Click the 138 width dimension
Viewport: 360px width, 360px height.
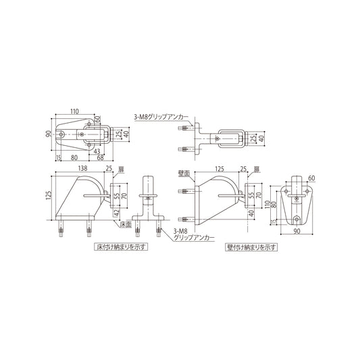(84, 168)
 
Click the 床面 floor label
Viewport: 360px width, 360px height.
(125, 225)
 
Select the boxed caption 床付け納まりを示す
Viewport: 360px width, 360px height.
(121, 247)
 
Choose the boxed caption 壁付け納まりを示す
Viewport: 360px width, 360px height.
(251, 247)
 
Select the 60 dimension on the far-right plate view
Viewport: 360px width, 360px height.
(311, 178)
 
